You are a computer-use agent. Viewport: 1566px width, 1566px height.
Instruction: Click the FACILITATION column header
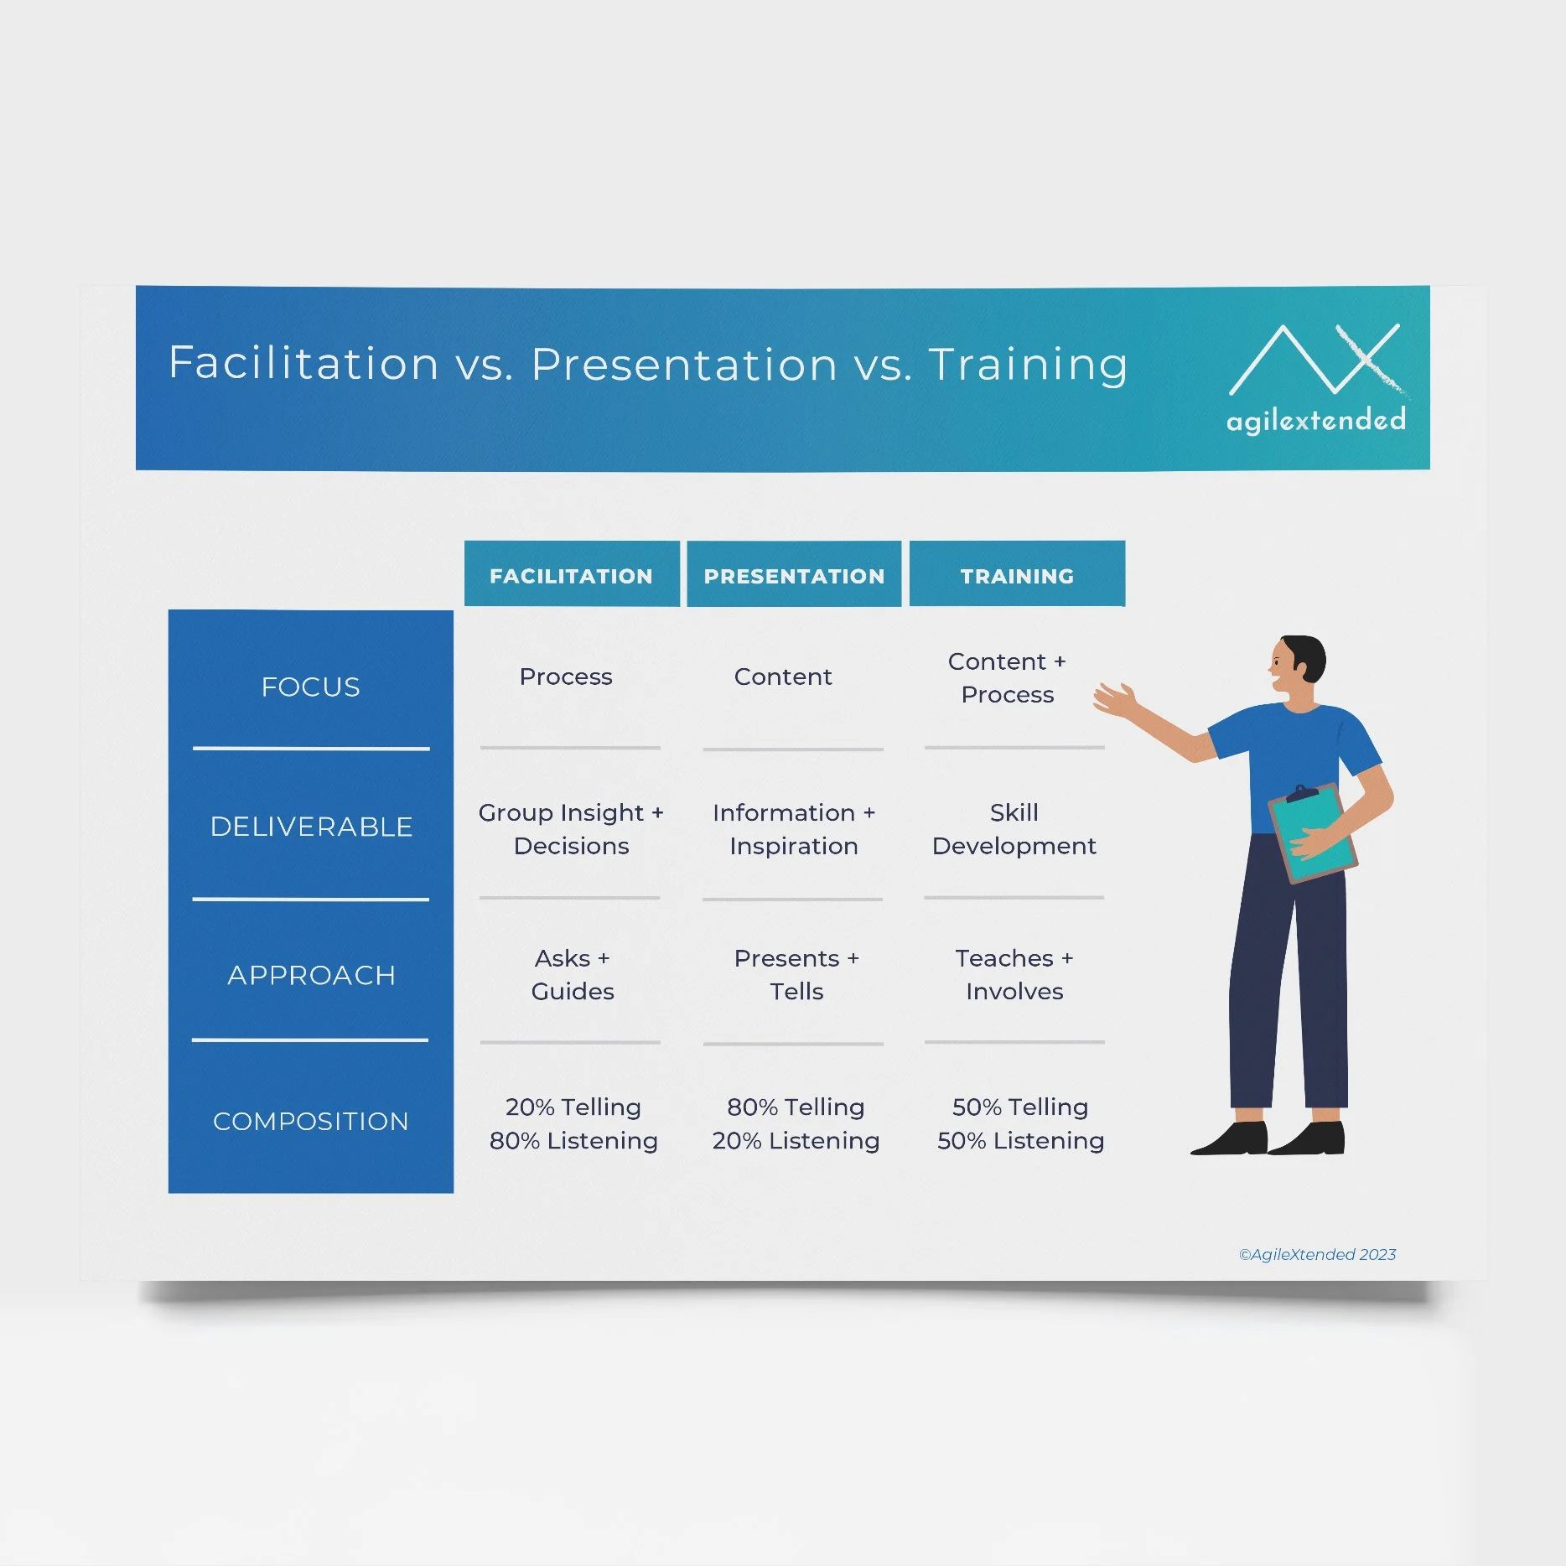(571, 575)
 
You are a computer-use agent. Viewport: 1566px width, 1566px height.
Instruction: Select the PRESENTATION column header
(794, 575)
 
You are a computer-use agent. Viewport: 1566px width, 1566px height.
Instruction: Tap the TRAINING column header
(1017, 575)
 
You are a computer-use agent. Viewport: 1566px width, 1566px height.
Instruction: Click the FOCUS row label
(310, 687)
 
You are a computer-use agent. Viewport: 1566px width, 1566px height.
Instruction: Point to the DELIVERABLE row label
(311, 827)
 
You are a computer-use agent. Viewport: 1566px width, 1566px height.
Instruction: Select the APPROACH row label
(311, 975)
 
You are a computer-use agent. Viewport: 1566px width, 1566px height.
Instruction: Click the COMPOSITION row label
(310, 1121)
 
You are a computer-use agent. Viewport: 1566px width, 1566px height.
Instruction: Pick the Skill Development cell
(1014, 829)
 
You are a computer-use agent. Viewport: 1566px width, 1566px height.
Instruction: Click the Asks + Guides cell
(573, 974)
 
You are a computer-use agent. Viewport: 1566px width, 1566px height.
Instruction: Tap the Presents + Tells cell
(796, 974)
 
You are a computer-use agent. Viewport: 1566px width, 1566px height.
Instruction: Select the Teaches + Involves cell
(1014, 974)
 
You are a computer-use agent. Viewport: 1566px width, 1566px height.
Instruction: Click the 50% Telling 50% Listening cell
(1020, 1123)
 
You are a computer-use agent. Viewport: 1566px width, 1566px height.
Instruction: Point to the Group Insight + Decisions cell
(571, 829)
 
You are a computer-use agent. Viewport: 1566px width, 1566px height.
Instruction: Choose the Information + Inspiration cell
(794, 829)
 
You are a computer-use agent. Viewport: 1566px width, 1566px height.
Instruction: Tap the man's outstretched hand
(1115, 699)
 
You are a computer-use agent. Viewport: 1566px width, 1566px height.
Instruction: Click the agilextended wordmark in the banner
(1315, 419)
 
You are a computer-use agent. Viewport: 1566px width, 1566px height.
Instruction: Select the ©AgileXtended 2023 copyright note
(1317, 1254)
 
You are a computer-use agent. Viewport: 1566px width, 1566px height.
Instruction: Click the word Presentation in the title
(684, 364)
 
